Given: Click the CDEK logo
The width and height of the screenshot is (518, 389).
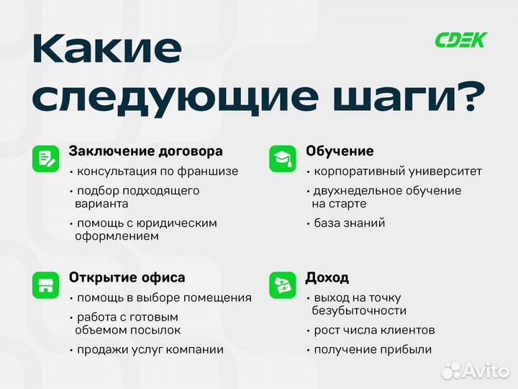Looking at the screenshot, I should tap(460, 40).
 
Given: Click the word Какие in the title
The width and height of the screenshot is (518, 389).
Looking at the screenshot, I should tap(107, 50).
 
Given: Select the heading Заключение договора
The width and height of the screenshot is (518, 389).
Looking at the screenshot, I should tap(145, 151).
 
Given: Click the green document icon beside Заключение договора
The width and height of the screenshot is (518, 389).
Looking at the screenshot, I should tap(45, 158).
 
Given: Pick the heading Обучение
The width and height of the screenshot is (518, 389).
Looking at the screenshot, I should tap(340, 151).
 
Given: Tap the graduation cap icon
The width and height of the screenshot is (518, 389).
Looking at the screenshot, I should tap(283, 158).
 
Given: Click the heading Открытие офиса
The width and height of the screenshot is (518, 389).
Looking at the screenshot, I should tap(127, 277).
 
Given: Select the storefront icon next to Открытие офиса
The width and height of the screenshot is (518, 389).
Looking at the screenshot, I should tap(45, 285).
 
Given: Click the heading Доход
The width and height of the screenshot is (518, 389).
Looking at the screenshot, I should tap(327, 277).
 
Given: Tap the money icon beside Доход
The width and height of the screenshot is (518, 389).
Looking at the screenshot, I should tap(283, 285).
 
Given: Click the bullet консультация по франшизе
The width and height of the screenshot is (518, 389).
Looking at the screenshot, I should tap(157, 171).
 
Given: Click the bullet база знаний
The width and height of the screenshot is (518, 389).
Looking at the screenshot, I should tap(350, 223).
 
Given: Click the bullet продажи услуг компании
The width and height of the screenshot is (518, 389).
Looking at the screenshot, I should tap(150, 349).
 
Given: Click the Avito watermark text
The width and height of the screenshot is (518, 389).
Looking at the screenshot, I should tap(485, 370).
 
